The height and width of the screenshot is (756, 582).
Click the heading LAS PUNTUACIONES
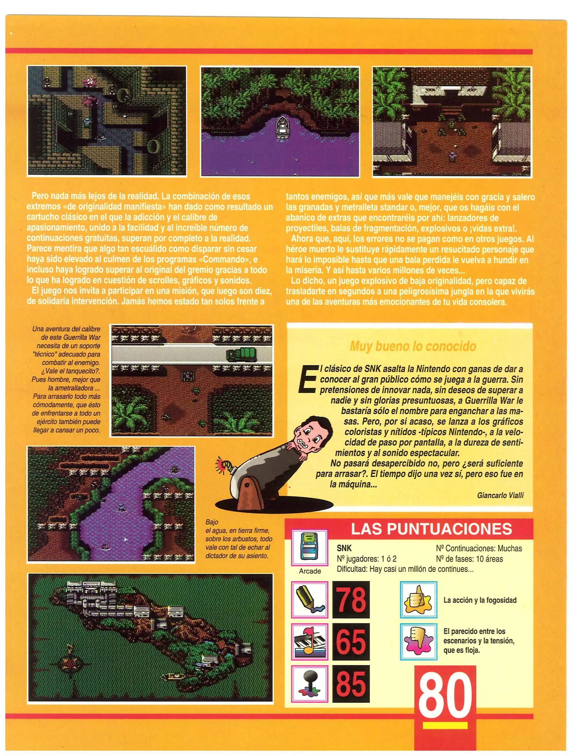(x=431, y=529)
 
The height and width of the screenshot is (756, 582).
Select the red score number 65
(x=351, y=642)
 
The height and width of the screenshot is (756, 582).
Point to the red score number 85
(x=351, y=684)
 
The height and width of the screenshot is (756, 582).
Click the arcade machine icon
(x=310, y=548)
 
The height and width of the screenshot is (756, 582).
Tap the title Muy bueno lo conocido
(x=413, y=346)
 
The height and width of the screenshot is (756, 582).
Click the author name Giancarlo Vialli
(x=500, y=495)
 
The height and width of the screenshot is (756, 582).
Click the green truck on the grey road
(x=241, y=354)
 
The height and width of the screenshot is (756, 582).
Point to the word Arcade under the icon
(x=310, y=571)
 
